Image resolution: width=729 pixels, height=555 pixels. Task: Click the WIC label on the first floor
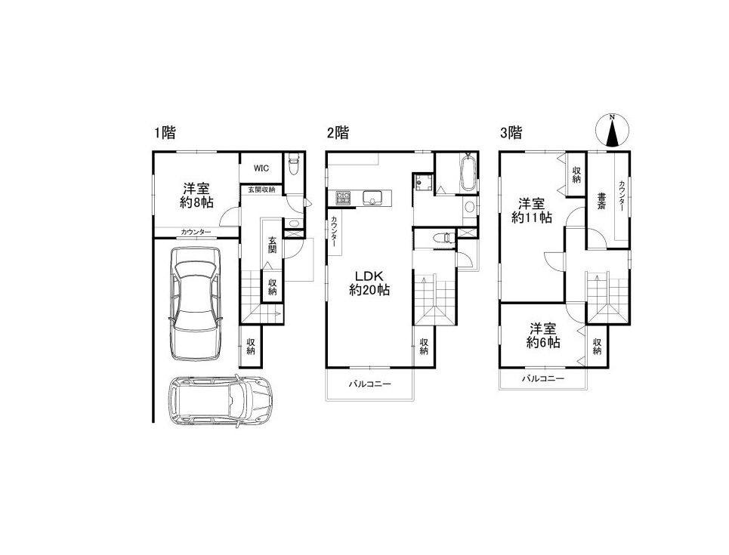pos(261,168)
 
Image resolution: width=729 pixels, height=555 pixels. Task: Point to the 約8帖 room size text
pos(196,202)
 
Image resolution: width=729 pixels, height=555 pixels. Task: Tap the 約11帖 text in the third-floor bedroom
pos(532,217)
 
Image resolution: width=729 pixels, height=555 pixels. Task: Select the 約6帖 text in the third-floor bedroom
pos(543,343)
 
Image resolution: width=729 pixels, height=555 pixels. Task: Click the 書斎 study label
pos(601,202)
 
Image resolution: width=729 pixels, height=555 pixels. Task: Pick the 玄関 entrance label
pos(272,245)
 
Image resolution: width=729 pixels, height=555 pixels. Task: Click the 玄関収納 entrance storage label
pos(261,190)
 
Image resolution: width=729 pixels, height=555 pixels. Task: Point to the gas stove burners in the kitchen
pos(344,198)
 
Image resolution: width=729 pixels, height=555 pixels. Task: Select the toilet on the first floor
pos(293,164)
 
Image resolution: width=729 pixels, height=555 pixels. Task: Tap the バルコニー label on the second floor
pos(370,384)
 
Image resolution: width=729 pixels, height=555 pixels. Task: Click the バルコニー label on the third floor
pos(542,378)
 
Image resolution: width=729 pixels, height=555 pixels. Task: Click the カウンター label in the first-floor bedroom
pos(196,232)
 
